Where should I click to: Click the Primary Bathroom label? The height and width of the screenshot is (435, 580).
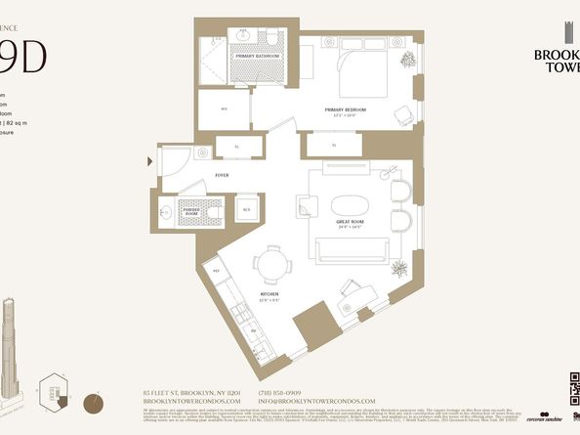click(257, 57)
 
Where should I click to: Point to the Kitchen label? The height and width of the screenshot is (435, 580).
click(269, 294)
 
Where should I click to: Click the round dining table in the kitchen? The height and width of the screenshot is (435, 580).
click(269, 263)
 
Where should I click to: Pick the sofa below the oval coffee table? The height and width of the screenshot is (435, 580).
click(349, 248)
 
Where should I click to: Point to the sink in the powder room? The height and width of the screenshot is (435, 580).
click(166, 211)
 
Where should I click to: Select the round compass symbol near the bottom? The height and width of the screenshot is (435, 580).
click(94, 401)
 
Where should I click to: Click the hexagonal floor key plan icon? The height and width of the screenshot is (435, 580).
click(54, 391)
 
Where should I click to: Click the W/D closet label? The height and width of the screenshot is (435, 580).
click(224, 109)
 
